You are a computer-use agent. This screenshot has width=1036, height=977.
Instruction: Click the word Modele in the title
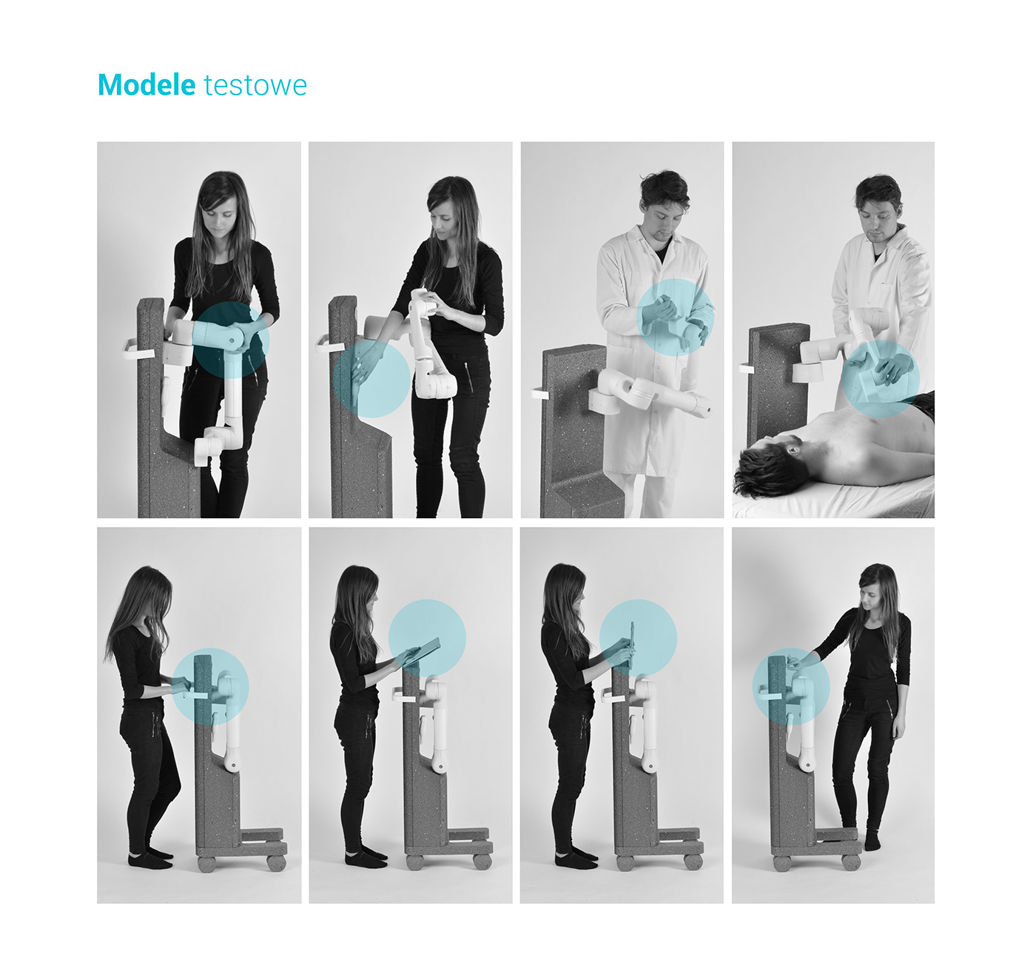(146, 85)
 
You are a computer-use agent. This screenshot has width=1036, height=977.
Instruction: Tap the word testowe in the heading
(255, 86)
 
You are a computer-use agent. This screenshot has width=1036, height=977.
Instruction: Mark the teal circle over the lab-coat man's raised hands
(675, 317)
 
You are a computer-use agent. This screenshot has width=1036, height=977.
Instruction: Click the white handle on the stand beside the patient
(745, 367)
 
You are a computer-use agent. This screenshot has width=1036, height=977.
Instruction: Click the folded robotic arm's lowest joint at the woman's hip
(435, 384)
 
